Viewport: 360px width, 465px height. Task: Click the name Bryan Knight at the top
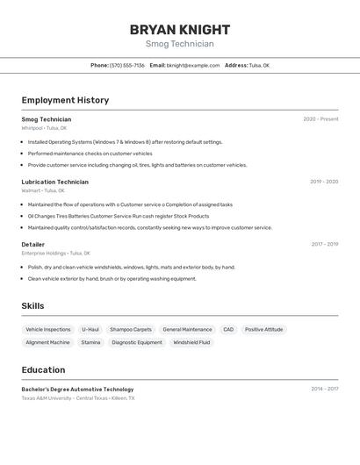click(180, 29)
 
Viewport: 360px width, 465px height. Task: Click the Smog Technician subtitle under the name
click(180, 44)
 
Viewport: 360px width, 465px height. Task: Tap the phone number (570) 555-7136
click(127, 65)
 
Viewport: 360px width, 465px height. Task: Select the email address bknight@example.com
click(193, 65)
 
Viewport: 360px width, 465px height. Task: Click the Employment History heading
click(65, 100)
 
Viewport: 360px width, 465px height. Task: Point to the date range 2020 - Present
click(320, 119)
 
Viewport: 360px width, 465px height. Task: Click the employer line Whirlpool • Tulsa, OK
click(44, 128)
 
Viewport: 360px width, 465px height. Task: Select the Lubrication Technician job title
click(54, 182)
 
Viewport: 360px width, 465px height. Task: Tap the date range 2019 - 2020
click(323, 182)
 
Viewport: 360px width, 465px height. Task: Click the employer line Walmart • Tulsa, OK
click(43, 190)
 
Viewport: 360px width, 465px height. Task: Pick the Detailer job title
click(33, 244)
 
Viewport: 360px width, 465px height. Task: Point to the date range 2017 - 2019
click(324, 244)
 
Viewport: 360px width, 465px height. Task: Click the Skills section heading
click(33, 305)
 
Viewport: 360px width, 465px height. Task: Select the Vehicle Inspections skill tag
click(48, 330)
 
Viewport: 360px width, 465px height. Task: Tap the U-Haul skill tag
click(90, 330)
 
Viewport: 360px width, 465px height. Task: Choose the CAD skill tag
click(228, 330)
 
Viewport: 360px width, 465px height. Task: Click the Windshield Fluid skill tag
click(191, 342)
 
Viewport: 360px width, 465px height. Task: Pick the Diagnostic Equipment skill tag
click(137, 342)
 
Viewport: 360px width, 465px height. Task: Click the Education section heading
click(43, 369)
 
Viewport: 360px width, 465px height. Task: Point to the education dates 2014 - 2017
click(324, 389)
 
